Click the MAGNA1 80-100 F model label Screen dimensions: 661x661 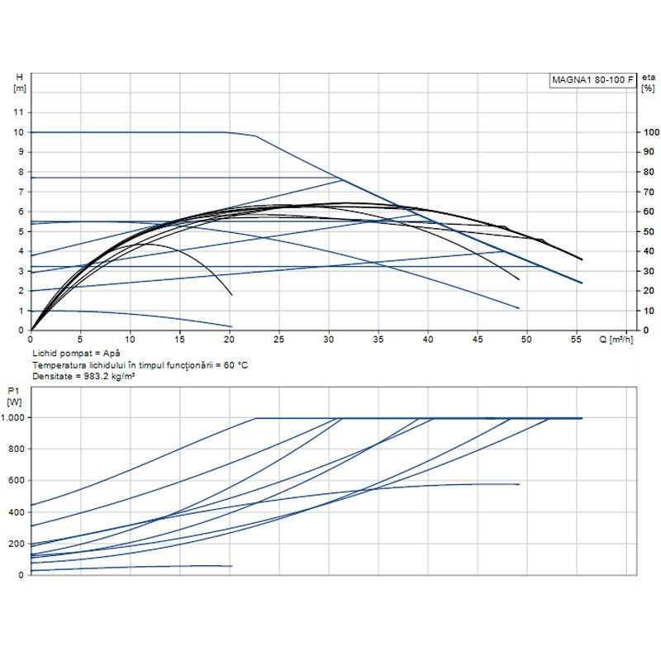tap(593, 79)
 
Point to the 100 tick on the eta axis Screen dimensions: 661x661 tap(652, 132)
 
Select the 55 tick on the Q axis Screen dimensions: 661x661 tap(578, 340)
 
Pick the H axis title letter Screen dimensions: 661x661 tap(19, 78)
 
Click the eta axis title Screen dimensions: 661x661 tap(648, 78)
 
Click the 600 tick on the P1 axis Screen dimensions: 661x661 tap(16, 481)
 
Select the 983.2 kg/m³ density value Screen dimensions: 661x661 tap(107, 376)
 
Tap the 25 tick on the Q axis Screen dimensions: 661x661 tap(279, 340)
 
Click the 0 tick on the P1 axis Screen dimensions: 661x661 tap(21, 574)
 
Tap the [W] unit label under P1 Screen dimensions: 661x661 tap(14, 402)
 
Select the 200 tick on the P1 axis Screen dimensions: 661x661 tap(16, 544)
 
